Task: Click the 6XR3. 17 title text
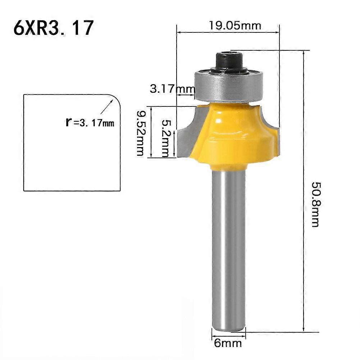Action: (x=54, y=28)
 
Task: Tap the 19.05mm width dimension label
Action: (x=235, y=26)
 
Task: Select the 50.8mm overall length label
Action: (x=315, y=205)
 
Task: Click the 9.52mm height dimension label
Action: (x=140, y=133)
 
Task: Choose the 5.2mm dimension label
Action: (x=166, y=138)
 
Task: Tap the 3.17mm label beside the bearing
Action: (x=172, y=88)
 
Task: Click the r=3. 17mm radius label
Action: (x=90, y=122)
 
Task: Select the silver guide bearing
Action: (x=228, y=86)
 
